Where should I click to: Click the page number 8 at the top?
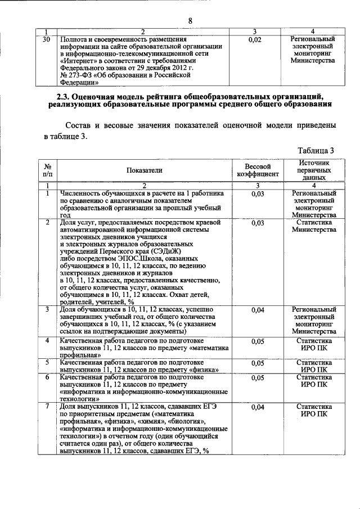coord(190,20)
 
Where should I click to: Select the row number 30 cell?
coord(47,39)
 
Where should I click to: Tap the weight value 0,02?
coord(255,40)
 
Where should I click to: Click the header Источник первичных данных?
coord(314,169)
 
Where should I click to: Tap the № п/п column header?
coord(48,170)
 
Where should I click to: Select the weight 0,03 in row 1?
coord(257,193)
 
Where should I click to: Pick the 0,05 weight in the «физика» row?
coord(257,363)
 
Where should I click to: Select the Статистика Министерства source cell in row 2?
coord(314,227)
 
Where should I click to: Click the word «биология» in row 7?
coord(186,421)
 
